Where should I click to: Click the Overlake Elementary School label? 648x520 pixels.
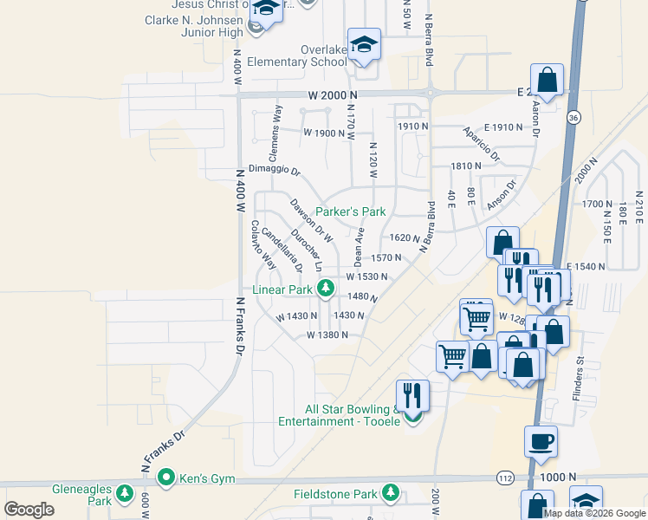point(296,55)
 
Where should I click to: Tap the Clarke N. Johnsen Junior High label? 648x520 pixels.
point(194,26)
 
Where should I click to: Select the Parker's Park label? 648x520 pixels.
point(350,211)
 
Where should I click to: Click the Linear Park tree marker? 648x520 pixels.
point(326,289)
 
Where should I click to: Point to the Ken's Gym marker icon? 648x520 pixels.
point(165,477)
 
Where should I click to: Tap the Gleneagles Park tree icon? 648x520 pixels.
point(124,494)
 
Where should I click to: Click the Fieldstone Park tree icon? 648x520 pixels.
point(391,494)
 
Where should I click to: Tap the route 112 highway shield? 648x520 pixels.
point(506,478)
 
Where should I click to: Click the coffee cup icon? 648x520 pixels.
point(541,441)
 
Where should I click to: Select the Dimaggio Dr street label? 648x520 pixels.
point(274,170)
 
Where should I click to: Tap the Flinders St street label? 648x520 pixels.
point(578,382)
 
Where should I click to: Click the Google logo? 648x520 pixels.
point(29,510)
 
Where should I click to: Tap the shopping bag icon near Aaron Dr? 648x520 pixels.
point(547,80)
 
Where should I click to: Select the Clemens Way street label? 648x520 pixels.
point(275,132)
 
